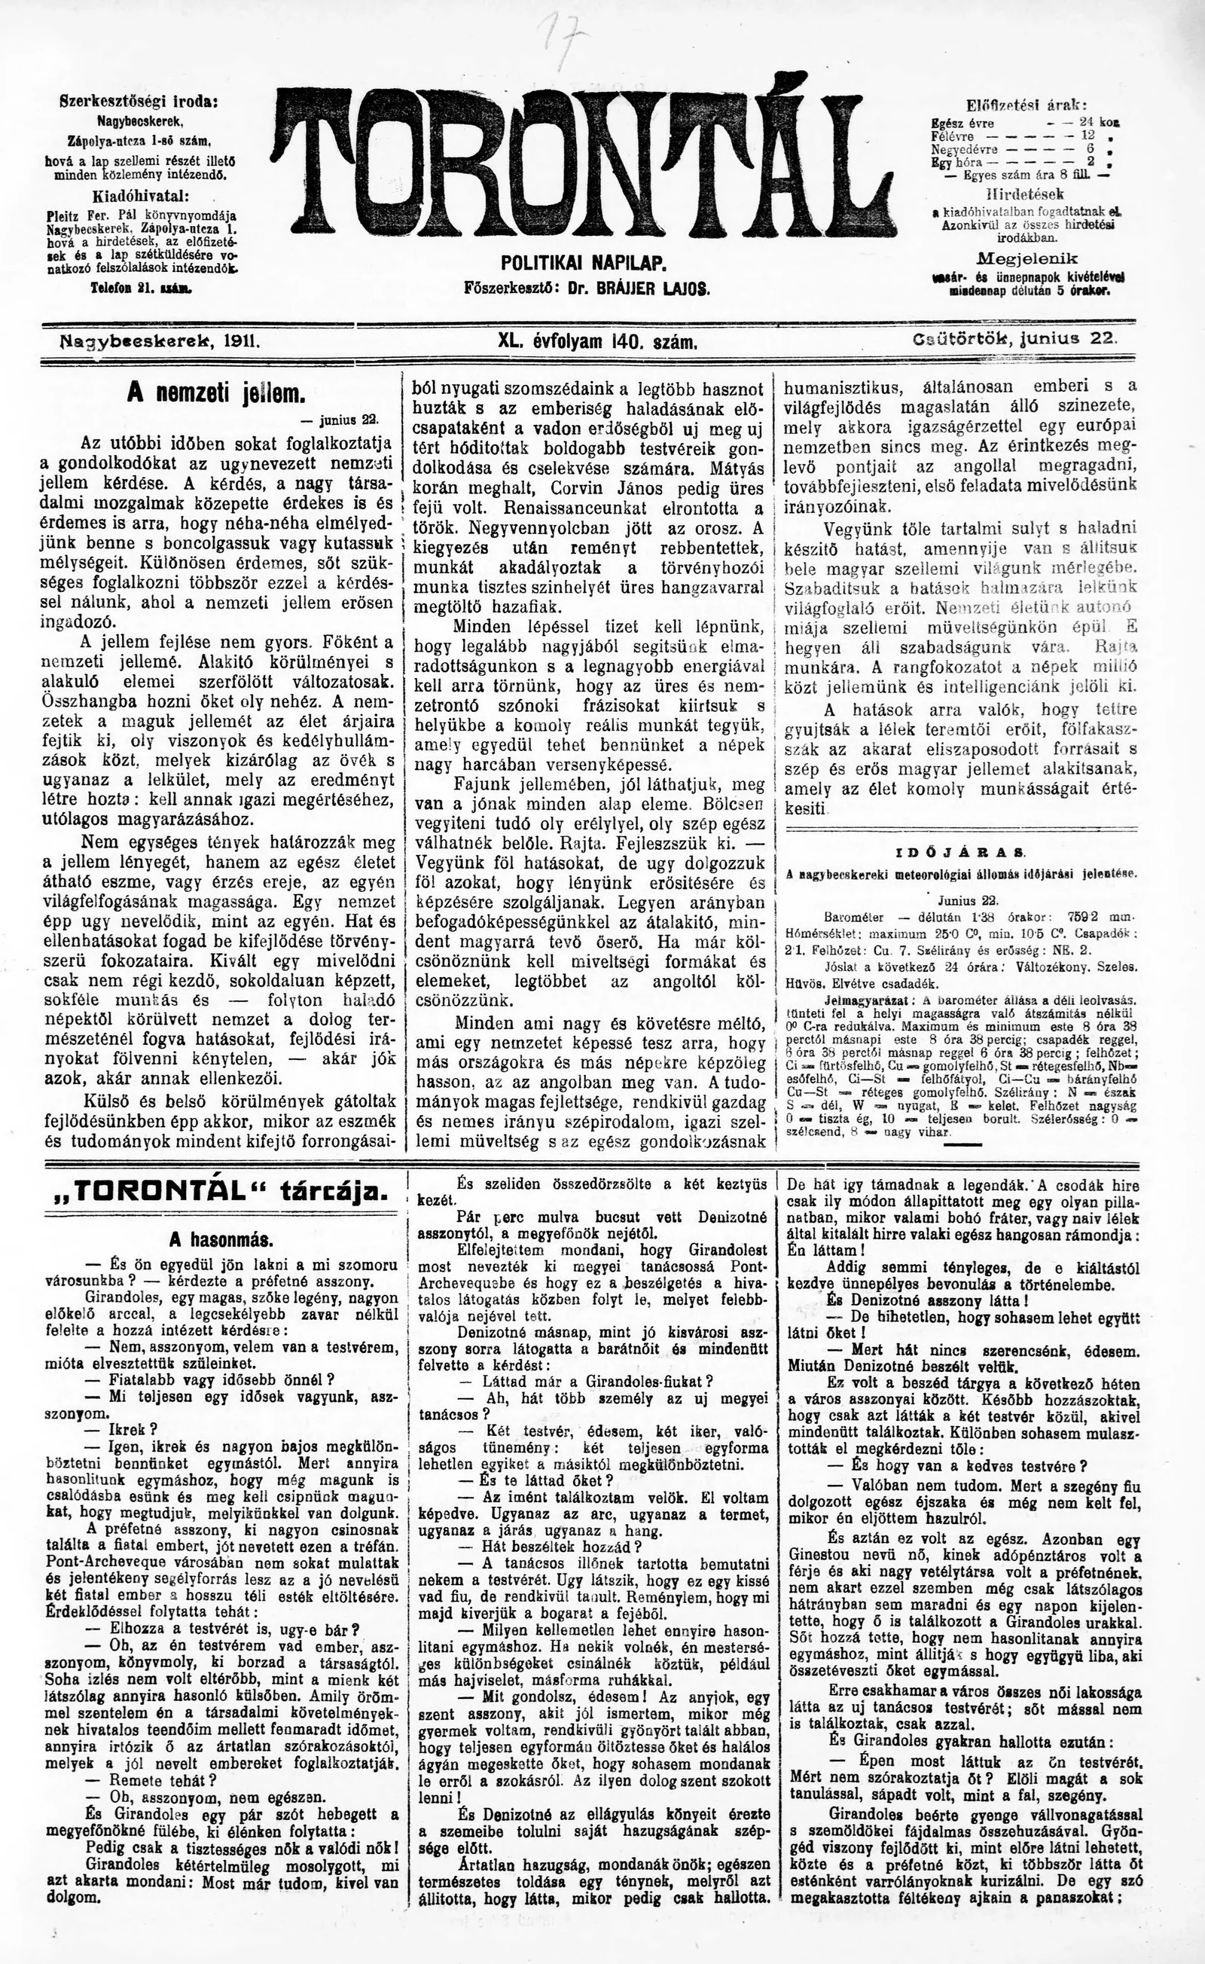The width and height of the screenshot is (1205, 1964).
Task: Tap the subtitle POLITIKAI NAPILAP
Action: tap(584, 262)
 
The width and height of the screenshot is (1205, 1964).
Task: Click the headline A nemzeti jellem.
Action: tap(216, 393)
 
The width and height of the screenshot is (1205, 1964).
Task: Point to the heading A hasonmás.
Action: tap(221, 1241)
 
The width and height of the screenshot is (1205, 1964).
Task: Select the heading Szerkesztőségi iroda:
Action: tap(139, 102)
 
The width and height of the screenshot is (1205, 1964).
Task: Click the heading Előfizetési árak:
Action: tap(1027, 105)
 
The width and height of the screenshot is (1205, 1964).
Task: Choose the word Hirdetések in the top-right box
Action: tap(1025, 194)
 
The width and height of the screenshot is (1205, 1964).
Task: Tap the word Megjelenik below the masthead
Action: tap(1027, 259)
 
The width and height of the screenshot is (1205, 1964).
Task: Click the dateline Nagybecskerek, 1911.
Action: tap(160, 341)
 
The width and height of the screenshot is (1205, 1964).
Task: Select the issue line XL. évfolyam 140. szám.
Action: tap(598, 342)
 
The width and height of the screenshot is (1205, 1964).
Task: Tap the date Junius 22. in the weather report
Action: tap(962, 902)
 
